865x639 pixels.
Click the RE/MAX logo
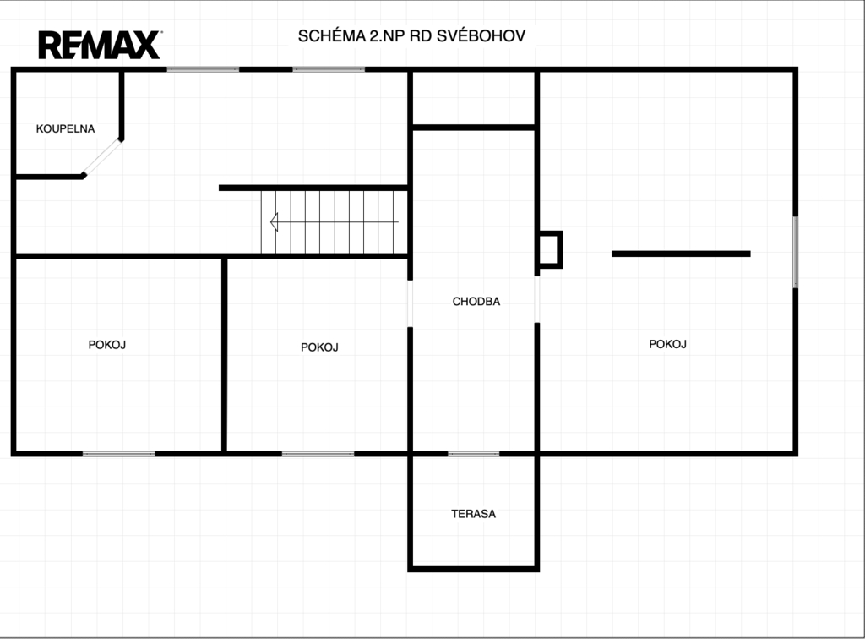[x=100, y=45]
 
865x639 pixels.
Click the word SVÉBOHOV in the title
[x=481, y=35]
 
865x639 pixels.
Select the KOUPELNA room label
[x=66, y=128]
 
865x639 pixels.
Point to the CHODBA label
[x=476, y=301]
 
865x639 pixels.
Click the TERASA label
[x=473, y=514]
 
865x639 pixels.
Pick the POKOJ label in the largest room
[x=667, y=344]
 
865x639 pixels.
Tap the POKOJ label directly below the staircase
[x=319, y=347]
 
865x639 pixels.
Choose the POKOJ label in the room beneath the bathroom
[x=107, y=345]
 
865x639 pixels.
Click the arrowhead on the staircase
[x=275, y=221]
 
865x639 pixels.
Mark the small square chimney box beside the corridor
[x=550, y=250]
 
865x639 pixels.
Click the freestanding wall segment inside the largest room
[x=681, y=254]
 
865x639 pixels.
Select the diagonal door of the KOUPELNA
[x=102, y=157]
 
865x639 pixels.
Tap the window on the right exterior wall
[x=795, y=252]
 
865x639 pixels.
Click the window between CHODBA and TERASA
[x=473, y=454]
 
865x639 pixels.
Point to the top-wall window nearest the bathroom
[x=203, y=69]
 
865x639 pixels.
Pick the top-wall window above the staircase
[x=329, y=69]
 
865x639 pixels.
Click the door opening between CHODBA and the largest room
[x=537, y=299]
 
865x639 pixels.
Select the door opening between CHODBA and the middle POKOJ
[x=410, y=303]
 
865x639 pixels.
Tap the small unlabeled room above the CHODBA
[x=473, y=99]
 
